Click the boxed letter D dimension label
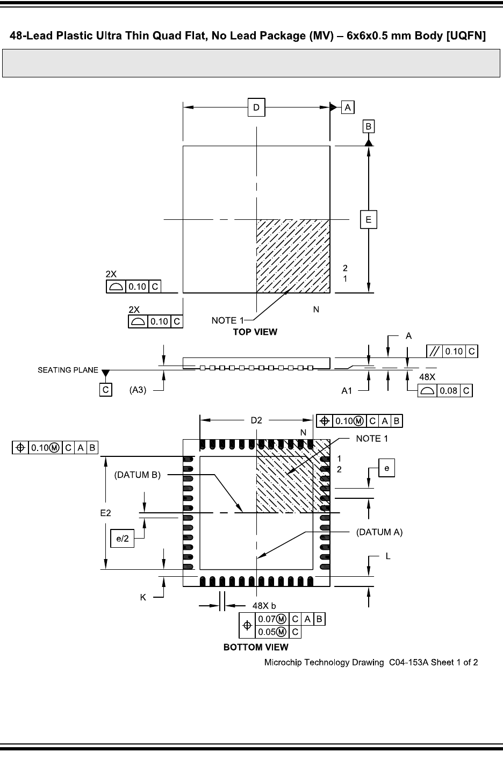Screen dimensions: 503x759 256,108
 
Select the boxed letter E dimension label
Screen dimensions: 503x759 369,219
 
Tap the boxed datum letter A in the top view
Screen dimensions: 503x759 348,108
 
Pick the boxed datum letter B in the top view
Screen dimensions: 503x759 369,126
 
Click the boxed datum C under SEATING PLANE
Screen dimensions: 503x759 106,390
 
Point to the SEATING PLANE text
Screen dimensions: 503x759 68,370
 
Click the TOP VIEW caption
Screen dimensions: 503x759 255,332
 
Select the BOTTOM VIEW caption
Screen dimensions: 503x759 256,647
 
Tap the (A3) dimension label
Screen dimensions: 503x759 138,390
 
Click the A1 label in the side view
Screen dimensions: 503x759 347,391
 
